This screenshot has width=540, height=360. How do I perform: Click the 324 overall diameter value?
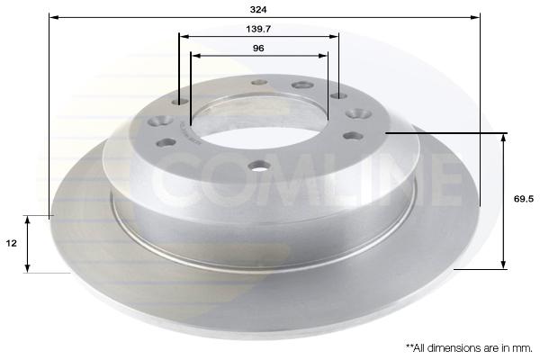(x=258, y=10)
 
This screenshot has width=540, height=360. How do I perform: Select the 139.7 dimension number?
(x=258, y=29)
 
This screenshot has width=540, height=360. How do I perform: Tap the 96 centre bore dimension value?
(x=258, y=48)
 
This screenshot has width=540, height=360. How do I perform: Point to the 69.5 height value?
(x=524, y=199)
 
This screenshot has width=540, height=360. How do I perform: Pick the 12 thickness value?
(x=12, y=243)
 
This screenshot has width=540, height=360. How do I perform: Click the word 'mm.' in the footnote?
(x=524, y=348)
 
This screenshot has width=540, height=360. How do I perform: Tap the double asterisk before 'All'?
(x=409, y=346)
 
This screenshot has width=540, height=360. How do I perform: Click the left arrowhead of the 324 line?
(x=54, y=17)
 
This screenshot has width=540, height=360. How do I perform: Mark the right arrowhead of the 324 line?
(x=475, y=17)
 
